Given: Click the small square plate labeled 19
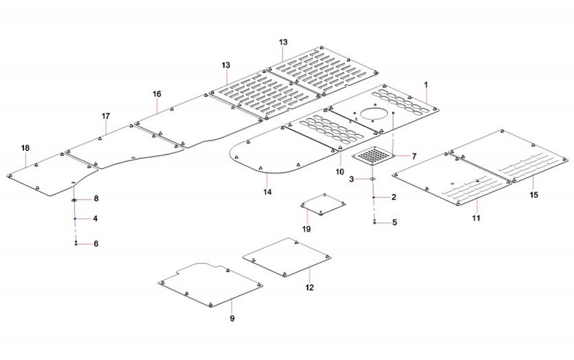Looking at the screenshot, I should pos(323,206).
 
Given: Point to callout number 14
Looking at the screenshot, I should pos(268,192).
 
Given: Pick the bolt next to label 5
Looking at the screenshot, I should pos(374,222).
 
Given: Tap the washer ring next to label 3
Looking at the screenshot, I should pos(373,179).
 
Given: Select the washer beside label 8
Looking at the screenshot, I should pos(73,200).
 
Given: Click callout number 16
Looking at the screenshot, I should pos(157,94).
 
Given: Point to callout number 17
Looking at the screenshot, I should pos(106,116).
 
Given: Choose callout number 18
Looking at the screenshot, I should pos(26,148).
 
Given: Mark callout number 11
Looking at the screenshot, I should pos(477,218).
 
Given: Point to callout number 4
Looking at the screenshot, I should pos(95,218).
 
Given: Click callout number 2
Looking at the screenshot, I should pos(394,196).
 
